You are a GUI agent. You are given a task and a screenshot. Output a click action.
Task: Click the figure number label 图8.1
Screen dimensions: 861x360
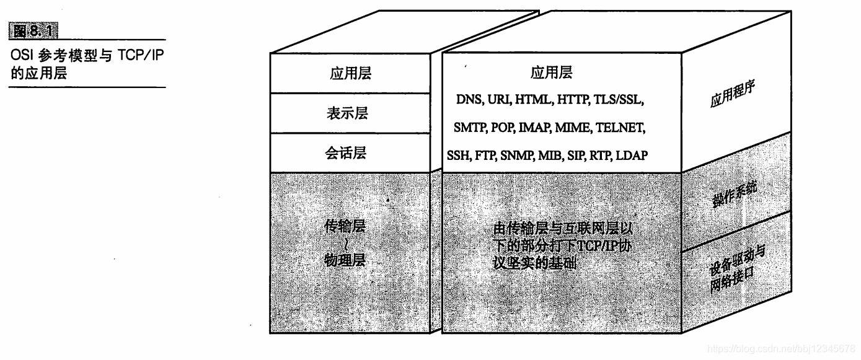(x=38, y=29)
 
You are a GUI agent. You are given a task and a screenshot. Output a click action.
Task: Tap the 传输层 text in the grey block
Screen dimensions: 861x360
(x=345, y=226)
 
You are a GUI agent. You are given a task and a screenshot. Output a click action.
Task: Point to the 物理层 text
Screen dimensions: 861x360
(x=345, y=260)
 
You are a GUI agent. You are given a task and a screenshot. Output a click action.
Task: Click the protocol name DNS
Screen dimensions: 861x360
(x=469, y=100)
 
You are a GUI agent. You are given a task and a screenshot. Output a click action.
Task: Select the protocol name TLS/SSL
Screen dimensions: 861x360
(x=620, y=100)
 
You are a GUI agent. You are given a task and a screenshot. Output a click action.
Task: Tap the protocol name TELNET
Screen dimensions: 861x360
(x=620, y=128)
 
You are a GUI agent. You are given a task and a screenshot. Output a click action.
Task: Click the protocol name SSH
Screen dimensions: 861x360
(x=458, y=156)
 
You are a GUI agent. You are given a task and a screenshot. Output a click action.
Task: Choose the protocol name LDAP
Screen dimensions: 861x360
(x=632, y=156)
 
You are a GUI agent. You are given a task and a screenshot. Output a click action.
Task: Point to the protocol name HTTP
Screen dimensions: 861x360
(x=573, y=100)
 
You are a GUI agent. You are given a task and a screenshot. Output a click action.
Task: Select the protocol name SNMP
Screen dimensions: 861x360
(x=518, y=156)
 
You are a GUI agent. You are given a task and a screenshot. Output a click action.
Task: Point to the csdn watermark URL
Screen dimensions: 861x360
(x=780, y=349)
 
